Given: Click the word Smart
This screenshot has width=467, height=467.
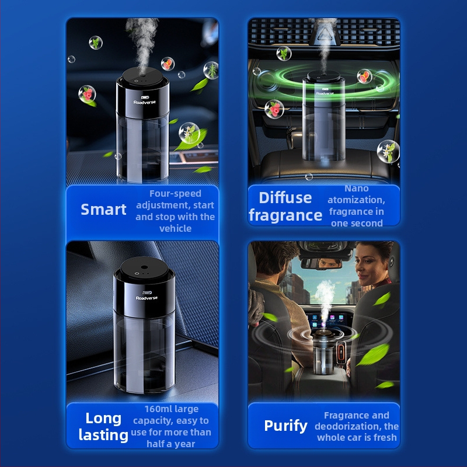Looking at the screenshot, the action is (x=103, y=210).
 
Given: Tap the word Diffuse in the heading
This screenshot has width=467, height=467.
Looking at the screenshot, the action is (x=285, y=198).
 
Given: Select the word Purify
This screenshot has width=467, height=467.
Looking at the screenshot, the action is (x=285, y=426).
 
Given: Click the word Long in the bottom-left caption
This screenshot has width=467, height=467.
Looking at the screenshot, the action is (x=103, y=419).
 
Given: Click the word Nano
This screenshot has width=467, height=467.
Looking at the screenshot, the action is (x=357, y=189).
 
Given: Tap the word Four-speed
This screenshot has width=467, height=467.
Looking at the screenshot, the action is (x=175, y=194).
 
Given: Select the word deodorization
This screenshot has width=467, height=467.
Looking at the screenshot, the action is (x=348, y=426).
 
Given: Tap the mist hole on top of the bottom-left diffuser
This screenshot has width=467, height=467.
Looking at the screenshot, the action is (x=144, y=267).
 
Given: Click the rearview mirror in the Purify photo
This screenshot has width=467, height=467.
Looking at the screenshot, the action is (x=320, y=263).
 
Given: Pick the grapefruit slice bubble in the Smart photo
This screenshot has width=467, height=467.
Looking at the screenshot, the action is (x=168, y=64).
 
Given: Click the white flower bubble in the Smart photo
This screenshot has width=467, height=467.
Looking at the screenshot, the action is (x=189, y=133).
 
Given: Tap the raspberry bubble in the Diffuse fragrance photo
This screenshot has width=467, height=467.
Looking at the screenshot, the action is (x=274, y=109).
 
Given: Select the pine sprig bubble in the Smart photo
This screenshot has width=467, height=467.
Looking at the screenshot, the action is (x=211, y=71).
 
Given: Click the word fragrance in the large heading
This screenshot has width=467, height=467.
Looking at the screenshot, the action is (x=285, y=215).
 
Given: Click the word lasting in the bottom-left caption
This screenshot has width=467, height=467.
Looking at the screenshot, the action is (x=103, y=435).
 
